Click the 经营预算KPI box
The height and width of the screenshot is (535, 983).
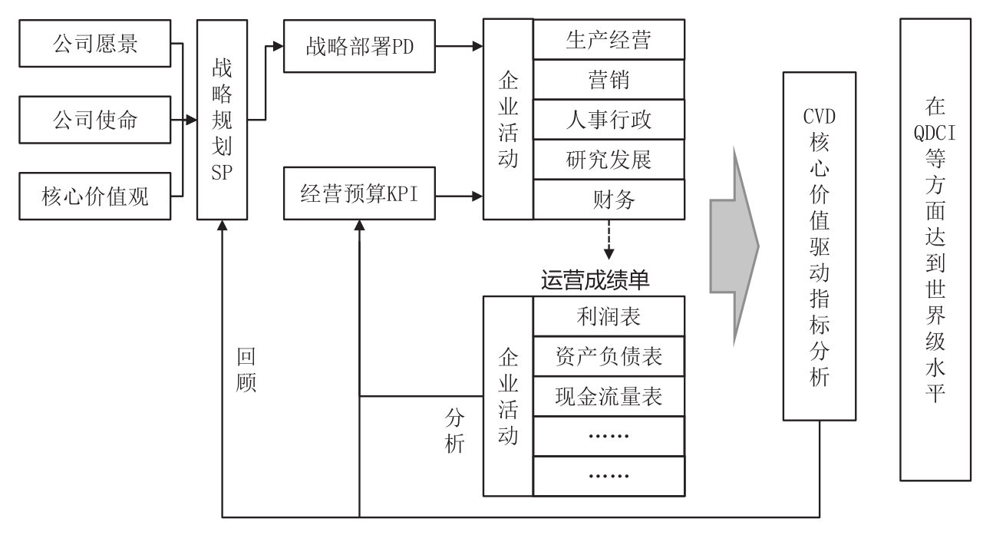tap(359, 196)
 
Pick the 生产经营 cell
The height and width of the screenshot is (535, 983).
tap(607, 40)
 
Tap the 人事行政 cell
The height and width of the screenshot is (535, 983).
tap(607, 121)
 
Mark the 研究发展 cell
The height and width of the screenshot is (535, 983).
tap(607, 160)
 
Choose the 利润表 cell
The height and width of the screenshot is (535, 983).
tap(607, 315)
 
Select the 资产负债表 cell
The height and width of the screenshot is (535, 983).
tap(607, 356)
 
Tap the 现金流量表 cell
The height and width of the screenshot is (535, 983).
tap(607, 396)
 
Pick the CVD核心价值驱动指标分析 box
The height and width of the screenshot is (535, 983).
tap(819, 246)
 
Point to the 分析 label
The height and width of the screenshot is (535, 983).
tap(454, 431)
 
